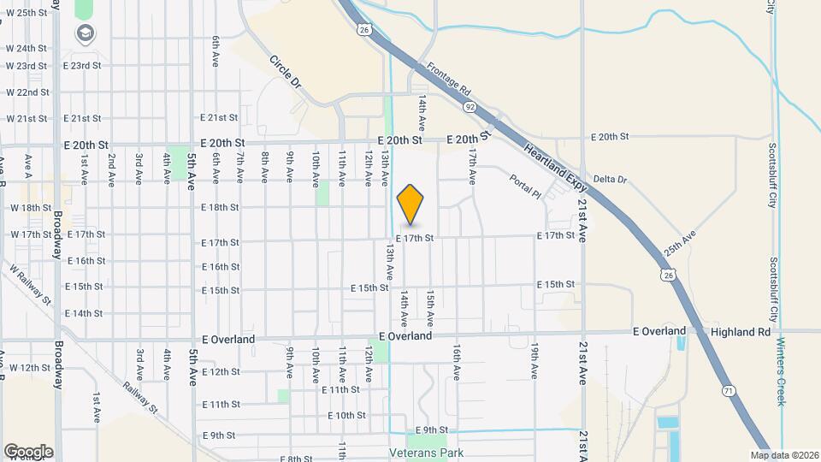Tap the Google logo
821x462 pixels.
tap(28, 452)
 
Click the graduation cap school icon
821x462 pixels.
tap(85, 34)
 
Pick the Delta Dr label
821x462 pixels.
tap(610, 180)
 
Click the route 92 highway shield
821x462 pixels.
tap(470, 108)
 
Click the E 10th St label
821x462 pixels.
tap(346, 415)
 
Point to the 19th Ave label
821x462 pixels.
tap(535, 361)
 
